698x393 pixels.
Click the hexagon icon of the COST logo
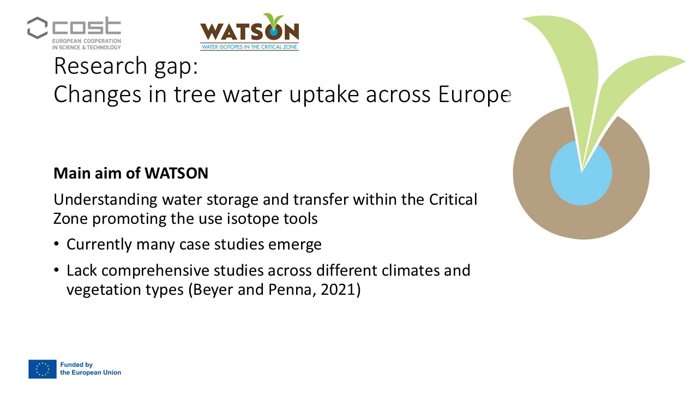tap(38, 28)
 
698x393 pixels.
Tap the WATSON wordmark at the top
tap(249, 31)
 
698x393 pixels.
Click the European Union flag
tap(43, 369)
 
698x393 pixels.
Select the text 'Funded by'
tap(76, 365)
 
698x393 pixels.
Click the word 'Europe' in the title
tap(474, 94)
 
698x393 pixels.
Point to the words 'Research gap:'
tap(126, 66)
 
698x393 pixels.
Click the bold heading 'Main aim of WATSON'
tap(131, 173)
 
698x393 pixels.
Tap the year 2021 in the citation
tap(338, 289)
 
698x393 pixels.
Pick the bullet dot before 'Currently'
tap(56, 244)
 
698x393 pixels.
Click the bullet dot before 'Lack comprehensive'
tap(56, 270)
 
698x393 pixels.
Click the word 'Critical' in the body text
tap(453, 200)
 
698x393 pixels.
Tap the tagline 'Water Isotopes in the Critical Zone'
tap(249, 47)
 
